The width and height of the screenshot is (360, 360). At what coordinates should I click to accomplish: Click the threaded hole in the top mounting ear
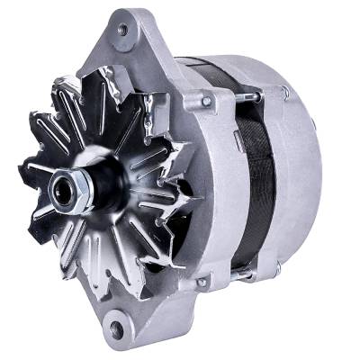[x=122, y=30]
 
